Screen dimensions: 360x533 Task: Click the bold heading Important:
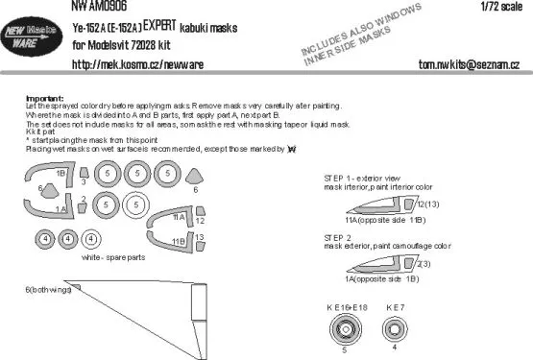coord(39,100)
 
